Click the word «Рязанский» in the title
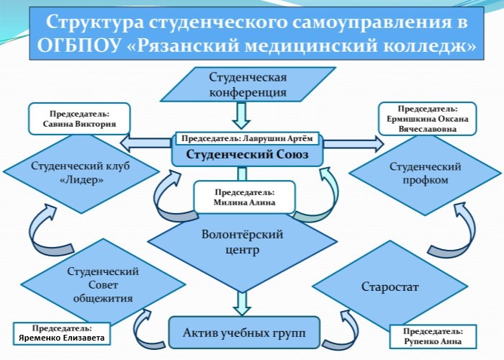pos(188,47)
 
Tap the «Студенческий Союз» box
pos(248,153)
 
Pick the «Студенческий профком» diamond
pos(424,172)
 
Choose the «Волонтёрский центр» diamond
pos(241,243)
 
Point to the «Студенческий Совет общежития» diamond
pos(102,287)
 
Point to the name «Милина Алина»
pos(244,203)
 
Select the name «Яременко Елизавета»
pos(61,338)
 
